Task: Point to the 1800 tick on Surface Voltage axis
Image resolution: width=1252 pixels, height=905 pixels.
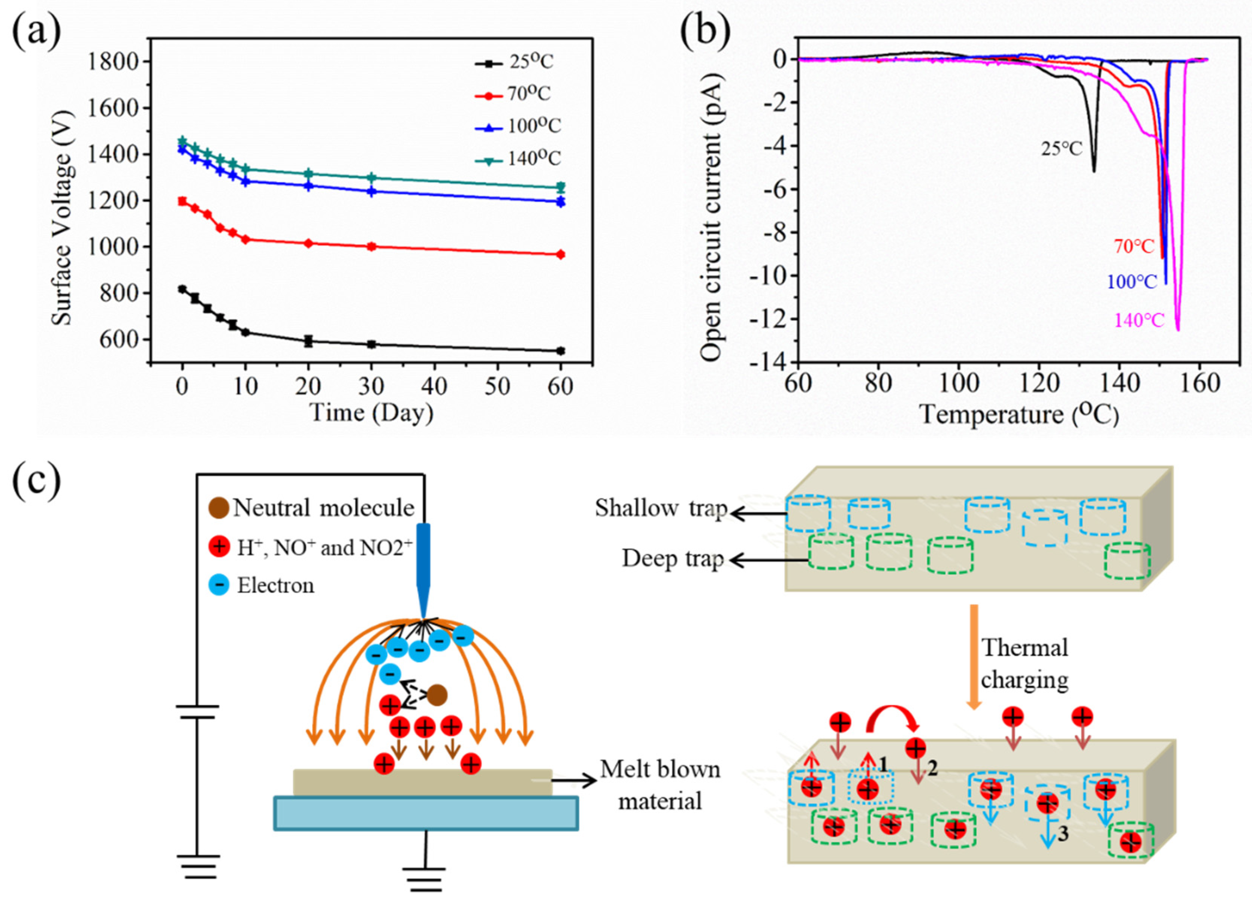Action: (113, 61)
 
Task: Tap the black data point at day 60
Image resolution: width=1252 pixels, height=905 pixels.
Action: (560, 351)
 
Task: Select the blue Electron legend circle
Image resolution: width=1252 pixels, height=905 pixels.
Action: (220, 585)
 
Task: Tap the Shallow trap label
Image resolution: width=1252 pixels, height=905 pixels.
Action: (660, 508)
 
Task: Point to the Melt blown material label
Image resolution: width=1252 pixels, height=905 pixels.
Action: (660, 785)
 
